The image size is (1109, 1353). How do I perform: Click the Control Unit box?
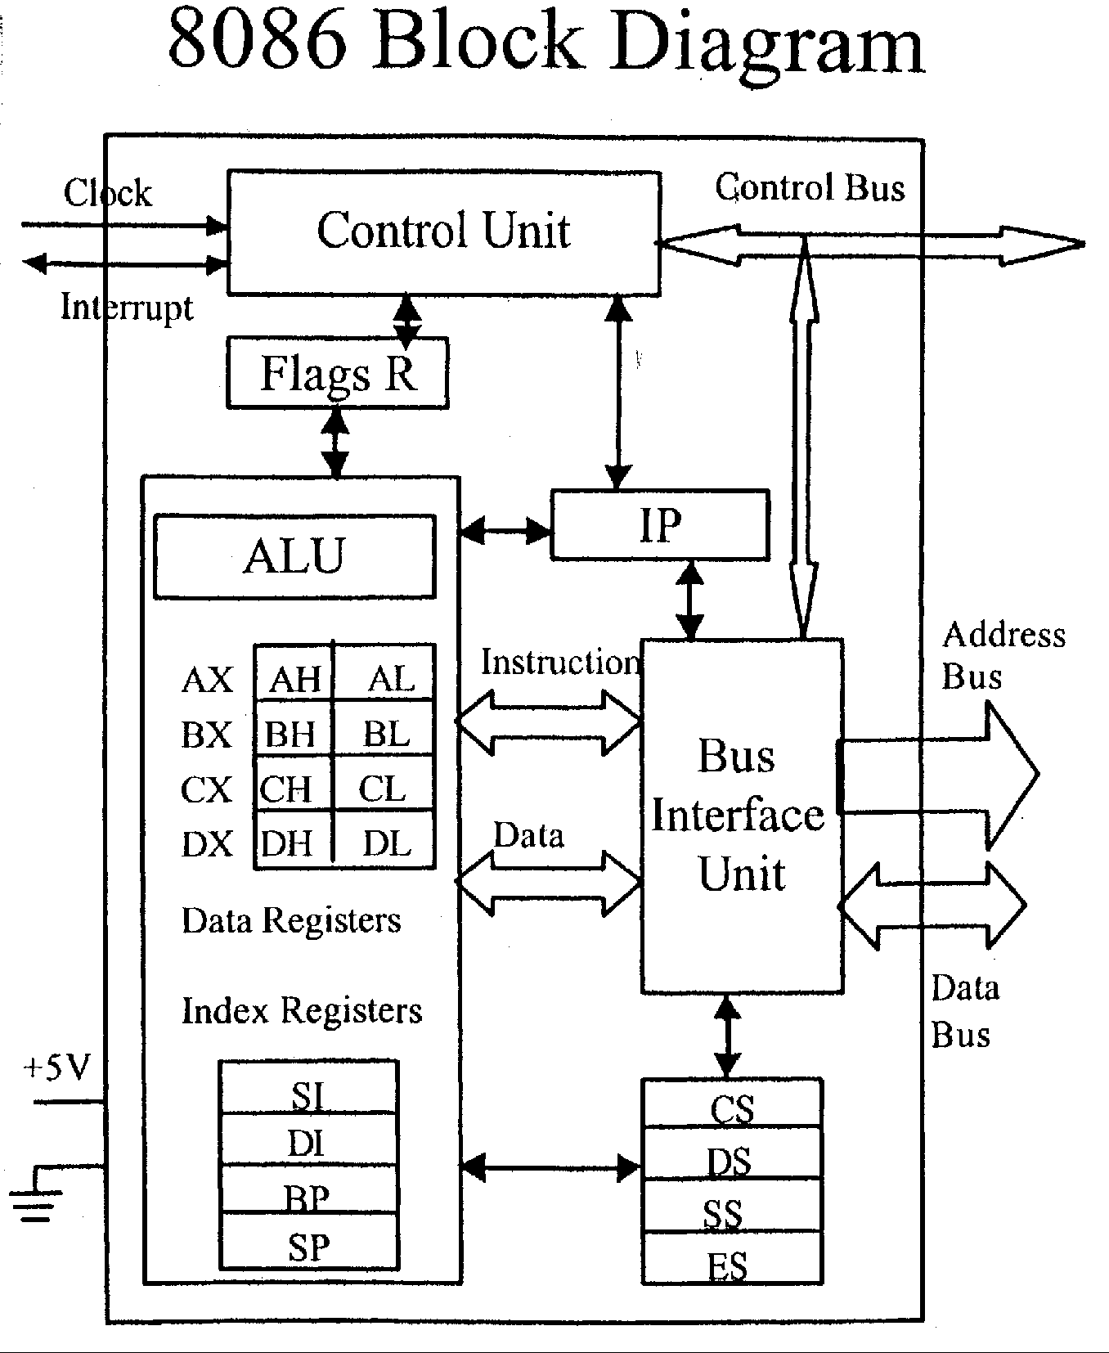click(443, 232)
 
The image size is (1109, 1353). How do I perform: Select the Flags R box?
click(337, 373)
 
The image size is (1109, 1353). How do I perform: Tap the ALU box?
click(294, 556)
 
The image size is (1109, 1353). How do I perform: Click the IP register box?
click(660, 524)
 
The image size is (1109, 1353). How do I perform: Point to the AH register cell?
click(294, 679)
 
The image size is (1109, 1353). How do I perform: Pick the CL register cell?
click(383, 789)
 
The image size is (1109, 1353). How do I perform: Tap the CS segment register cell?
click(732, 1108)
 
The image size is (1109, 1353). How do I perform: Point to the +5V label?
click(57, 1068)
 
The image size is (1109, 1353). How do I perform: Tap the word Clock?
click(108, 194)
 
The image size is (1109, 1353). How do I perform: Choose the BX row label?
click(206, 735)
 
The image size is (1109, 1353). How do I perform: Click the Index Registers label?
click(301, 1011)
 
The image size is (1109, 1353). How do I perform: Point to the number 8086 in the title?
click(257, 41)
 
